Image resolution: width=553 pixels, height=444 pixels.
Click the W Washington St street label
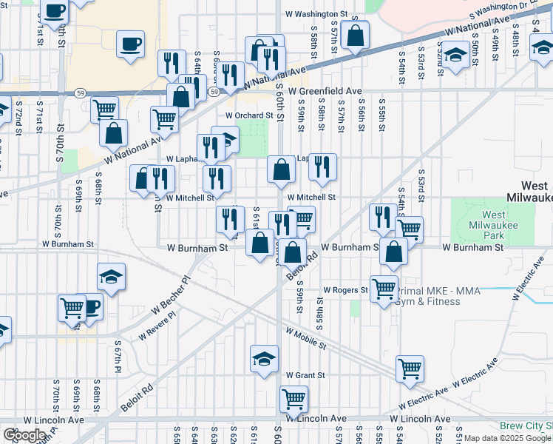click(x=314, y=14)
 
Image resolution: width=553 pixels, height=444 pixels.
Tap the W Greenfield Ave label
click(x=326, y=91)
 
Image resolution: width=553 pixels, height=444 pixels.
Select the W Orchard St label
click(x=250, y=115)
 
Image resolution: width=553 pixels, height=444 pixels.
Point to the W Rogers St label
click(x=345, y=291)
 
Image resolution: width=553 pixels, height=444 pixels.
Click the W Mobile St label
click(x=306, y=339)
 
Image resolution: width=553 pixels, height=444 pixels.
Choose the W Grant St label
click(x=305, y=376)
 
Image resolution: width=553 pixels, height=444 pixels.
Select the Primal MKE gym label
click(x=437, y=296)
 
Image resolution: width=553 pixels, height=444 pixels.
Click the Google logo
click(x=24, y=435)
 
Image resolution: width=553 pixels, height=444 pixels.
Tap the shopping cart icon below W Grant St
click(x=294, y=399)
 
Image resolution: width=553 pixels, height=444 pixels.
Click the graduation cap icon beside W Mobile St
click(x=264, y=359)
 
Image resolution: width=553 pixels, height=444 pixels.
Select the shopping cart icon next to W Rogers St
click(x=384, y=289)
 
